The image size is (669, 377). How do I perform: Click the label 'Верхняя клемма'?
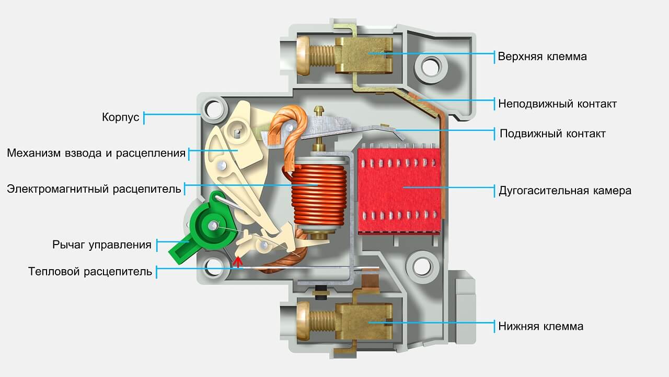pyautogui.click(x=542, y=57)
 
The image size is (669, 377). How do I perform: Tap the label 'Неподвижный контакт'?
pyautogui.click(x=557, y=104)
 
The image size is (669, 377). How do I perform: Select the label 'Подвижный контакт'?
pyautogui.click(x=552, y=134)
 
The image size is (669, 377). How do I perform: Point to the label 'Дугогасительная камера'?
pyautogui.click(x=565, y=191)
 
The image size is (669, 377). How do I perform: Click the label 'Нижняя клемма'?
pyautogui.click(x=540, y=326)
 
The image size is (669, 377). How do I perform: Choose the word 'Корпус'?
pyautogui.click(x=121, y=117)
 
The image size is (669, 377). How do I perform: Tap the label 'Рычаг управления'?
pyautogui.click(x=102, y=245)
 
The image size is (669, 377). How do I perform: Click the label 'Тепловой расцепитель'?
pyautogui.click(x=90, y=272)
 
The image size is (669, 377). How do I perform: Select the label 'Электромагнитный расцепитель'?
pyautogui.click(x=94, y=189)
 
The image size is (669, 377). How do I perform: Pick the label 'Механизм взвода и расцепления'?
pyautogui.click(x=96, y=153)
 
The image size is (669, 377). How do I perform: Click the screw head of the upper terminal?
pyautogui.click(x=303, y=56)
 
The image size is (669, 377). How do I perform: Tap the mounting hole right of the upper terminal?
pyautogui.click(x=430, y=68)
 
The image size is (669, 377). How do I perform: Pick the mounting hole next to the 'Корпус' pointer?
pyautogui.click(x=214, y=109)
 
